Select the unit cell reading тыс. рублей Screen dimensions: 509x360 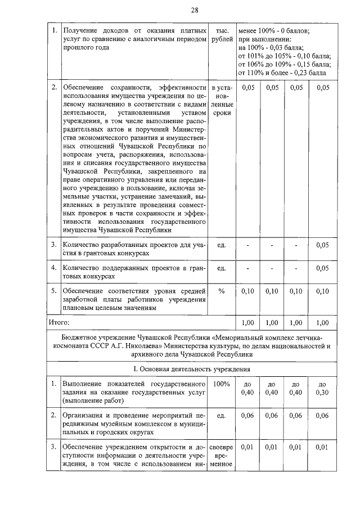click(x=222, y=34)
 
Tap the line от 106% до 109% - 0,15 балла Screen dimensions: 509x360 click(x=285, y=64)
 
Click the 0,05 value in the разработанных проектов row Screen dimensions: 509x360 click(x=322, y=245)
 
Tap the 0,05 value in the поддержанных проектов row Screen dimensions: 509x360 click(x=322, y=268)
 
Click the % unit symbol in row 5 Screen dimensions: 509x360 click(x=222, y=291)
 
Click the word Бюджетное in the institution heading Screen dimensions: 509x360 click(x=79, y=339)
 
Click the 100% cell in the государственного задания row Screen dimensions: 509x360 click(x=222, y=384)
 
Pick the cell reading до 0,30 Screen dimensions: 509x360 click(x=322, y=388)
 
